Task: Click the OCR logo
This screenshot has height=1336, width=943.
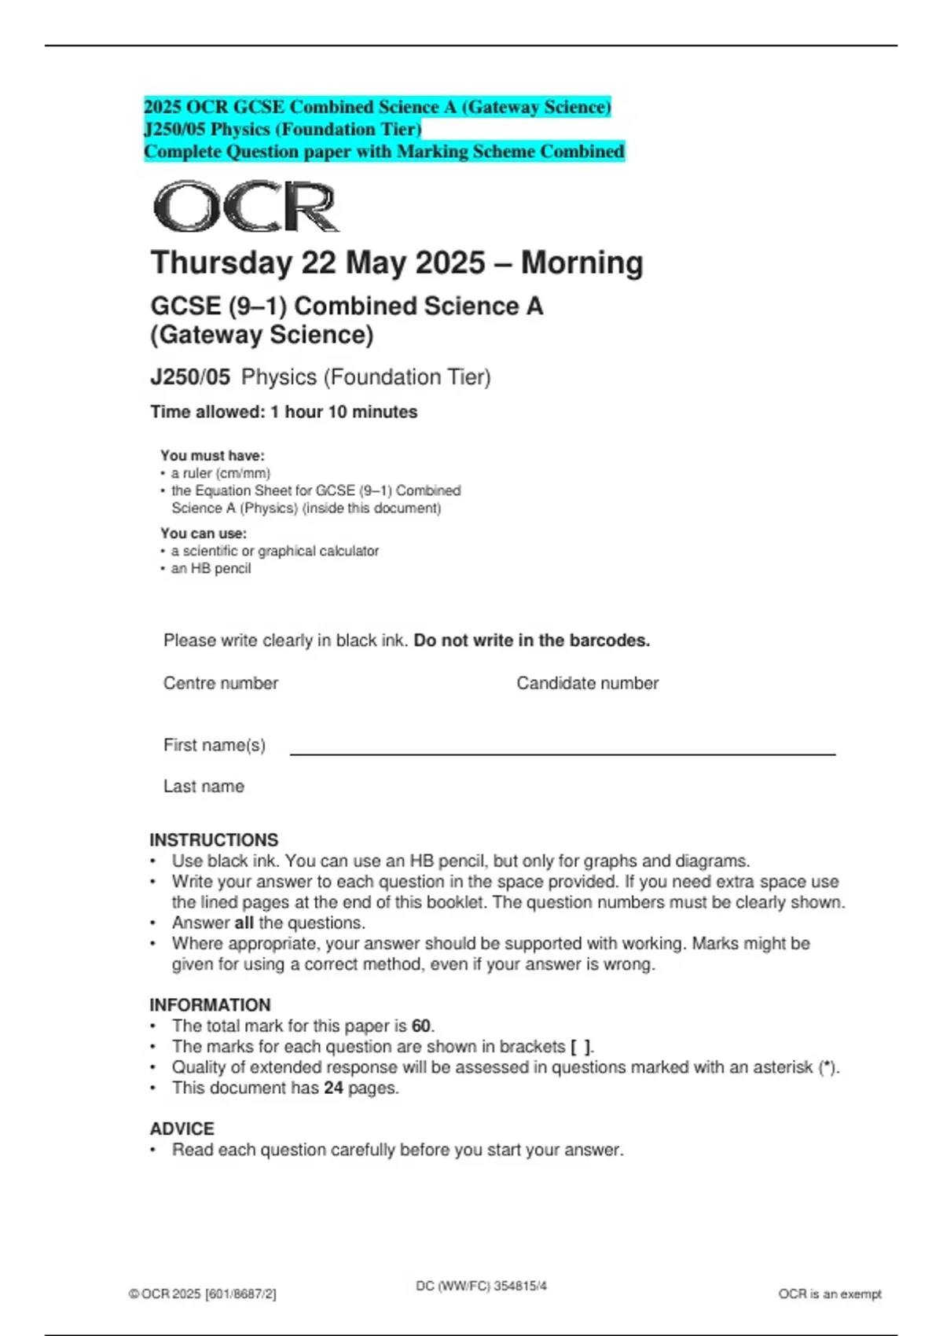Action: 245,207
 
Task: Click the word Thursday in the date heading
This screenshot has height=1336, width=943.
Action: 221,262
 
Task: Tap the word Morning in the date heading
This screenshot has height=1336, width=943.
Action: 582,262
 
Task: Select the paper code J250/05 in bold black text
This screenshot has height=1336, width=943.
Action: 190,377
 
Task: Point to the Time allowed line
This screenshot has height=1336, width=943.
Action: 284,412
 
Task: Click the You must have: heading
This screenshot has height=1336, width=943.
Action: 212,456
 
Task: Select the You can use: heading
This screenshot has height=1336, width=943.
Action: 203,534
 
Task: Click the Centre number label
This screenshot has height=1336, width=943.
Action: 220,683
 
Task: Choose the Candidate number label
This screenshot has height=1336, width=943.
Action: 587,683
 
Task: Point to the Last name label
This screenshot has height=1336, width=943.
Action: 204,786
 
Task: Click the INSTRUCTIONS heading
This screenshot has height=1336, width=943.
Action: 214,840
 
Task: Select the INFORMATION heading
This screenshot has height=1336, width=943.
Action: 210,1005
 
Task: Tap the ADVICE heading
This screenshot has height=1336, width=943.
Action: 182,1129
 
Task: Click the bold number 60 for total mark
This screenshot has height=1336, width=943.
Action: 421,1026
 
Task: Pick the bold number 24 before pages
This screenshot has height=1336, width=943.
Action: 333,1088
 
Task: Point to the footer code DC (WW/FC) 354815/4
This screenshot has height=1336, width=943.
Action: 481,1286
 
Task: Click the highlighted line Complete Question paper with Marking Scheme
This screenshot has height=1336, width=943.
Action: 383,152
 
